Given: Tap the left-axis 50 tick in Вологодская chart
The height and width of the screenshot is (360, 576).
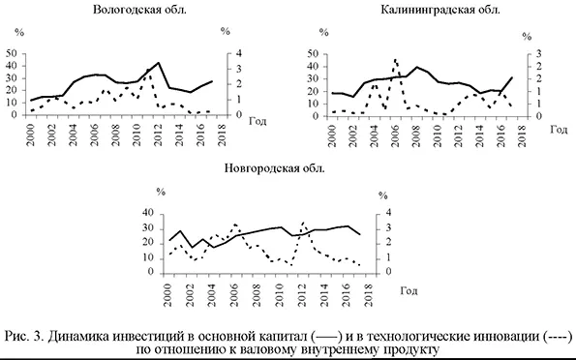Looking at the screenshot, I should pos(10,52).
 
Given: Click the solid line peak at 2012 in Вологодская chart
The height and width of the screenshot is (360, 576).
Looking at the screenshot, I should pos(158,63).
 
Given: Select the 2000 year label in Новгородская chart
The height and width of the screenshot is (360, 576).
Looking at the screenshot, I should pos(169,293).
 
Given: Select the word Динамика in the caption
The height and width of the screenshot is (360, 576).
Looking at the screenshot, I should pos(84,336).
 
